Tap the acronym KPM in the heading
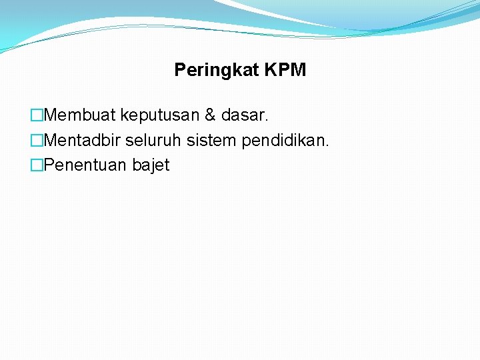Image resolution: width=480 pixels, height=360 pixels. click(284, 70)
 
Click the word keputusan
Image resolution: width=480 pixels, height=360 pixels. click(160, 116)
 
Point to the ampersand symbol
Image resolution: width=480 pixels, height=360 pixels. click(210, 115)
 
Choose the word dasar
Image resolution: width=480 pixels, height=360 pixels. click(243, 115)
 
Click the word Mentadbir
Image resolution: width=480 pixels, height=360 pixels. click(84, 141)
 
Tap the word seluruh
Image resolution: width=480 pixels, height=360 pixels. click(153, 141)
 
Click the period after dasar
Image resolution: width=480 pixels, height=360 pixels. click(267, 121)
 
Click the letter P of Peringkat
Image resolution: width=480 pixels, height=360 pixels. click(179, 70)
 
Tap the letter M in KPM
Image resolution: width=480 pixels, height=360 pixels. click(298, 70)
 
